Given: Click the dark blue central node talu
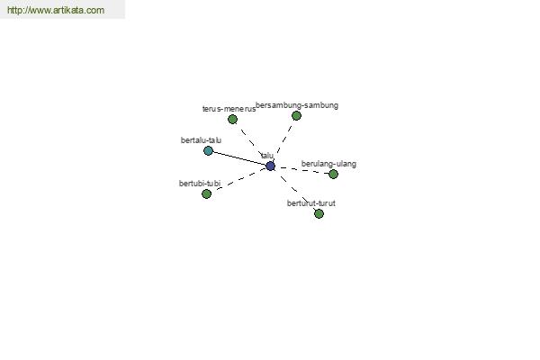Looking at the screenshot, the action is tap(270, 166).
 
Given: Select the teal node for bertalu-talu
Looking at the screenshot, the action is tap(208, 150).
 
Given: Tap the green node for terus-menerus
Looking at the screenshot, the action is tap(232, 119).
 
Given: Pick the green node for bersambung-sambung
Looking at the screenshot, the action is tap(296, 115).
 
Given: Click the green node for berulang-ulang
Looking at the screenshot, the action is tap(333, 174).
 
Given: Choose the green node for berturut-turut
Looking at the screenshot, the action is tap(319, 213).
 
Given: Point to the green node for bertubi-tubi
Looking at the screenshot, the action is tap(206, 194).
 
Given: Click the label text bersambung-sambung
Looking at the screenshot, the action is tap(297, 105).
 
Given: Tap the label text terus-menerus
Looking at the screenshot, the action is tap(229, 109).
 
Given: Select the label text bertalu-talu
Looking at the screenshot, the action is tap(201, 140).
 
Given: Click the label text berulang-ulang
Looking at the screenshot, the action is tap(328, 164).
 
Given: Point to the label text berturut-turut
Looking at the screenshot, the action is tap(311, 203).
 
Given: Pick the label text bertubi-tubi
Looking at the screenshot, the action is tap(200, 184).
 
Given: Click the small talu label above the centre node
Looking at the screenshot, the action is tap(267, 156).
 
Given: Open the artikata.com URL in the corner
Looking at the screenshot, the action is tap(56, 10).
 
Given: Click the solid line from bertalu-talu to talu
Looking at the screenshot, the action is tap(239, 158).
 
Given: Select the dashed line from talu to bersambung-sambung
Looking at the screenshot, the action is tap(283, 140).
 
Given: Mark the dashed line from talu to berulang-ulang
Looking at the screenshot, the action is tap(301, 169).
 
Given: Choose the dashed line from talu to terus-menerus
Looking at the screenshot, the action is tap(252, 142).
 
